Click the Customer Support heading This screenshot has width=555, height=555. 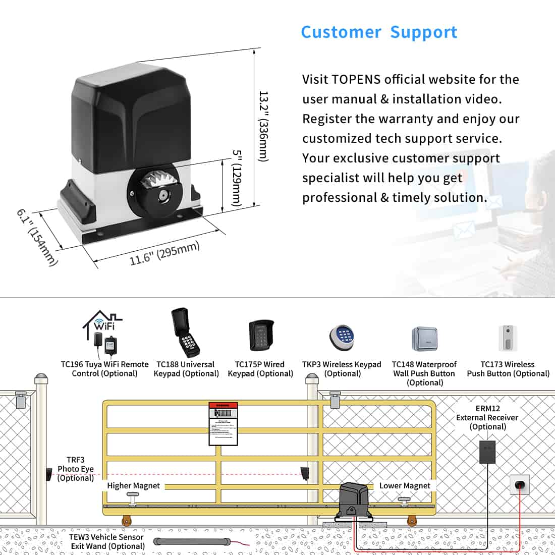(379, 32)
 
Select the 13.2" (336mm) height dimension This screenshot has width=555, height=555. (263, 126)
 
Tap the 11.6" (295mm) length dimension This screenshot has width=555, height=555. (164, 253)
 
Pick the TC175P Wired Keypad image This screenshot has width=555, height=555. (261, 336)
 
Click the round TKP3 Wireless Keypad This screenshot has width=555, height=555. (342, 337)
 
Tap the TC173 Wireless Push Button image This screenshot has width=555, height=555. (508, 338)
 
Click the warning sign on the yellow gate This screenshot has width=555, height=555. (223, 424)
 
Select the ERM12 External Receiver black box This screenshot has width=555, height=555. (487, 452)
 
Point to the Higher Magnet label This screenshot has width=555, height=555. (133, 485)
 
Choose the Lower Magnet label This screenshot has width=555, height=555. (405, 485)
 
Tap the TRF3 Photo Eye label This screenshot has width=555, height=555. (75, 469)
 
